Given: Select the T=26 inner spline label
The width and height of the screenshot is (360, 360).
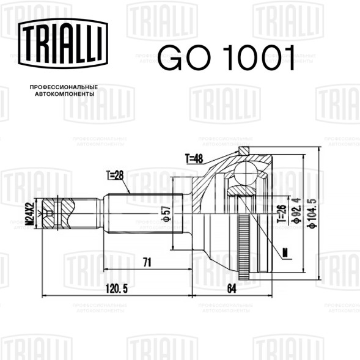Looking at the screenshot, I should pyautogui.click(x=282, y=215).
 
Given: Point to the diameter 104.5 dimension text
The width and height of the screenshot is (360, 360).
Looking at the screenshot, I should pyautogui.click(x=312, y=213).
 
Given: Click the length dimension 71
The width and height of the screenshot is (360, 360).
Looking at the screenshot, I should pyautogui.click(x=147, y=262).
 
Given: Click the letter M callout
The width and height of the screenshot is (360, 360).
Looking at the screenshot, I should pyautogui.click(x=285, y=251).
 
